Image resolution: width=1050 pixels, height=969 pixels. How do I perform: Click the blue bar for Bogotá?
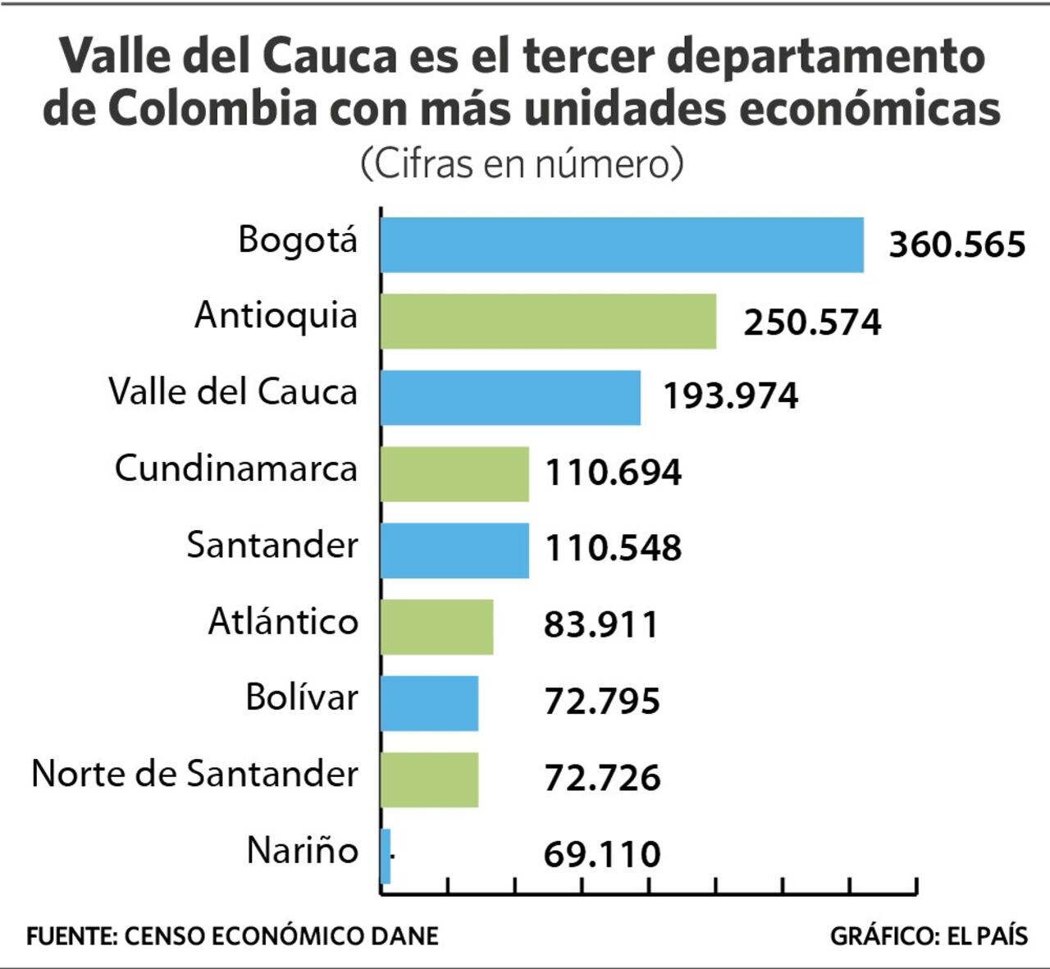[x=622, y=245]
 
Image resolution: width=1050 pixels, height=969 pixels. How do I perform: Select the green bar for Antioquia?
[x=548, y=321]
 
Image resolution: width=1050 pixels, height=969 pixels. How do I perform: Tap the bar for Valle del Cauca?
[x=510, y=397]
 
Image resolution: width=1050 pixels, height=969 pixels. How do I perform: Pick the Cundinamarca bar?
[x=454, y=473]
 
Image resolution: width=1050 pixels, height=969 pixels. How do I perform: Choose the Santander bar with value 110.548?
[x=454, y=550]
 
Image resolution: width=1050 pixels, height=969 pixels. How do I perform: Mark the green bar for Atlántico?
[x=437, y=626]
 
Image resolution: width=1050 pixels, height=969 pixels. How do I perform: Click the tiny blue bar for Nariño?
[x=386, y=856]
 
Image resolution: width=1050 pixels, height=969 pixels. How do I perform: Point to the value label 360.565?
[x=957, y=245]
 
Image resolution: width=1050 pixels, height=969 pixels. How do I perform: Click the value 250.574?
[x=812, y=322]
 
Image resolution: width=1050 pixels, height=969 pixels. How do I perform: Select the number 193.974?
[x=730, y=396]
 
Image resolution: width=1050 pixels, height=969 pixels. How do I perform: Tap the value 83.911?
[x=601, y=625]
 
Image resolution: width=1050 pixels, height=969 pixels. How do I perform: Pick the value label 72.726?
[x=602, y=778]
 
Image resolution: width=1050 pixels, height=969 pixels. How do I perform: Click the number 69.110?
[x=602, y=854]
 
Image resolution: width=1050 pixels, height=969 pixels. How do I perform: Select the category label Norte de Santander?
[x=194, y=774]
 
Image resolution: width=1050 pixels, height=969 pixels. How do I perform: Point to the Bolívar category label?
[x=302, y=697]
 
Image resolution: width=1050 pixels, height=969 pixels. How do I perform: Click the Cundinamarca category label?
[x=236, y=469]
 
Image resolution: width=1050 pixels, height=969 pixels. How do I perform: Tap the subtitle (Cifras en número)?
[x=522, y=163]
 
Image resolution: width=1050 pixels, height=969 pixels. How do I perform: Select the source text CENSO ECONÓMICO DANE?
[x=281, y=936]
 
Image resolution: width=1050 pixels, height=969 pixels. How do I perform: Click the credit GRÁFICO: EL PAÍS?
[x=929, y=936]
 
